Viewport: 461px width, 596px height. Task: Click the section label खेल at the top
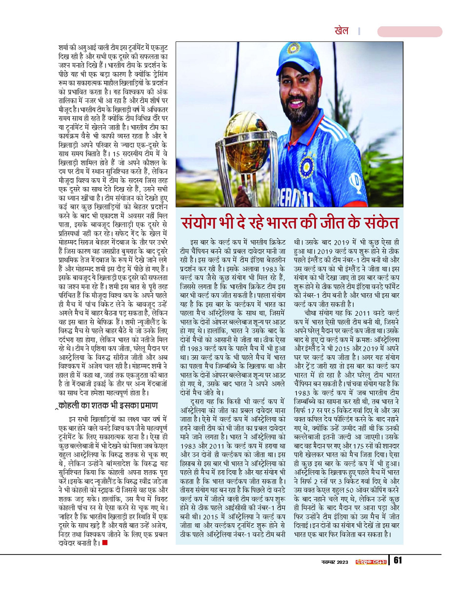(341, 31)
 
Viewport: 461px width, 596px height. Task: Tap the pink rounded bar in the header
(409, 32)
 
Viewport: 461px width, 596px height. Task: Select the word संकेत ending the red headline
(378, 222)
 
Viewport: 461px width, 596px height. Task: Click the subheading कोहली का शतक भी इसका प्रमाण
(108, 405)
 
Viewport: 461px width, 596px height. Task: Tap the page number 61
(398, 561)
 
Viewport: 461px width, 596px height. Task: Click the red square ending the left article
(104, 542)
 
